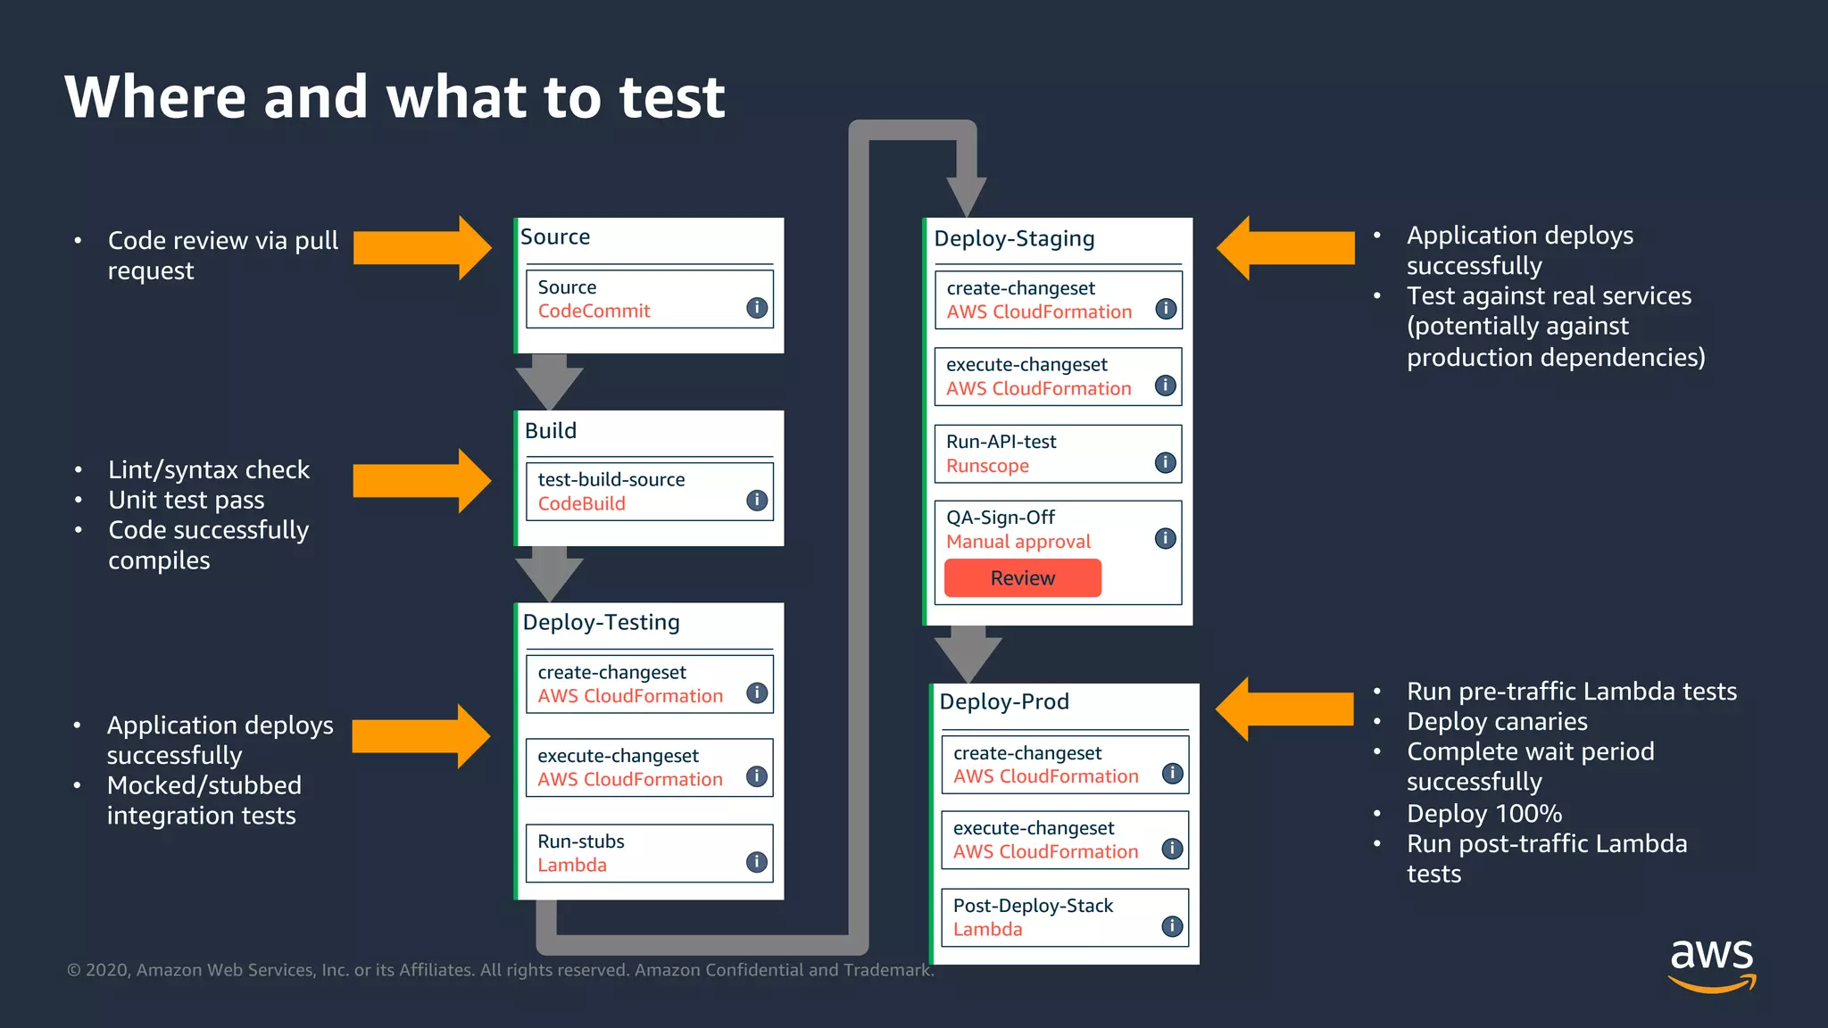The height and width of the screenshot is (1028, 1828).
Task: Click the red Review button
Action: coord(1022,578)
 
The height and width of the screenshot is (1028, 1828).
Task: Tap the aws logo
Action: coord(1711,964)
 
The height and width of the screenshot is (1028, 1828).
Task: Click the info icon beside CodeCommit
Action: coord(757,308)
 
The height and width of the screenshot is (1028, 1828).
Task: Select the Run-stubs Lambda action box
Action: coord(649,853)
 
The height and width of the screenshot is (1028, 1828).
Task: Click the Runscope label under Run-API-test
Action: coord(987,466)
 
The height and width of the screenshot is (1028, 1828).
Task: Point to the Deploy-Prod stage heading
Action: coord(1004,701)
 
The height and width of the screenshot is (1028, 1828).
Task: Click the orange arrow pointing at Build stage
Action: coord(421,481)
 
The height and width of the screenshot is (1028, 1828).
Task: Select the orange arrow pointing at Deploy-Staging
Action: coord(1285,248)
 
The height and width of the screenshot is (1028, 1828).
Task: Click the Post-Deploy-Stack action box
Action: coord(1065,917)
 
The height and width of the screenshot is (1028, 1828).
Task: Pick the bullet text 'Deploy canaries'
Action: coord(1497,721)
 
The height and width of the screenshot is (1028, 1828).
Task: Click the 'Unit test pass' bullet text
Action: coord(187,500)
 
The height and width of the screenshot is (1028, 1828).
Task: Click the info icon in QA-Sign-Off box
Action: coord(1165,538)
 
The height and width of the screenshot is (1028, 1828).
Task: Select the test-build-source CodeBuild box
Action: coord(649,491)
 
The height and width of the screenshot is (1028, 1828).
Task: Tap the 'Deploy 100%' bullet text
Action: coord(1483,814)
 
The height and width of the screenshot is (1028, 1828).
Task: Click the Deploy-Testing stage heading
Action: coord(601,622)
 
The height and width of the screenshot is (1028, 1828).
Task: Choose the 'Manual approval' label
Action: coord(1018,542)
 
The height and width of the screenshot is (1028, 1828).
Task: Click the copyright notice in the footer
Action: coord(500,970)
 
